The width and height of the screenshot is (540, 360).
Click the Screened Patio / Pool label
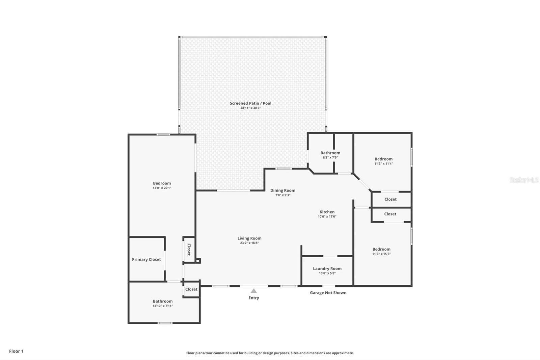(x=250, y=103)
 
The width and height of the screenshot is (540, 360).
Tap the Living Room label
(x=249, y=238)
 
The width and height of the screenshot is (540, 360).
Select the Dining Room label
(x=282, y=190)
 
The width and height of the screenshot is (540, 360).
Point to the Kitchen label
(x=327, y=212)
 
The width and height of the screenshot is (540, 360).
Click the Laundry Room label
(x=327, y=269)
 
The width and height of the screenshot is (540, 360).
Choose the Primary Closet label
(x=146, y=260)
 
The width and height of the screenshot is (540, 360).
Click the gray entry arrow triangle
(x=253, y=291)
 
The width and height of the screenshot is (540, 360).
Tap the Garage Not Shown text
(x=328, y=293)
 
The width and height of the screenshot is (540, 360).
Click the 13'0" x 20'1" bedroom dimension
(x=162, y=188)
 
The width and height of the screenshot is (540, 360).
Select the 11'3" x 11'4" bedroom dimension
(x=383, y=163)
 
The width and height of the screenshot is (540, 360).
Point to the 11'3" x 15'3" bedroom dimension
(x=381, y=254)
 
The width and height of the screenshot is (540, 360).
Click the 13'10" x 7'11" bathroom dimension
(x=163, y=306)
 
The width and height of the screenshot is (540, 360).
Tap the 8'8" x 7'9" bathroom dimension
(x=330, y=158)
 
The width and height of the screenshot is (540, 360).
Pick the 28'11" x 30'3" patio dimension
(x=250, y=108)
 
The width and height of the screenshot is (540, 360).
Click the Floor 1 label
(x=17, y=351)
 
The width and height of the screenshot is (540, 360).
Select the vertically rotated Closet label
(x=189, y=250)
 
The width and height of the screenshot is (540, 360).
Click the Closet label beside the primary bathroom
(x=191, y=289)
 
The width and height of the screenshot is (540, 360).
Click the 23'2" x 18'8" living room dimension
(x=249, y=243)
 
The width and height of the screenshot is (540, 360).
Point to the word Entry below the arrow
(x=253, y=298)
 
